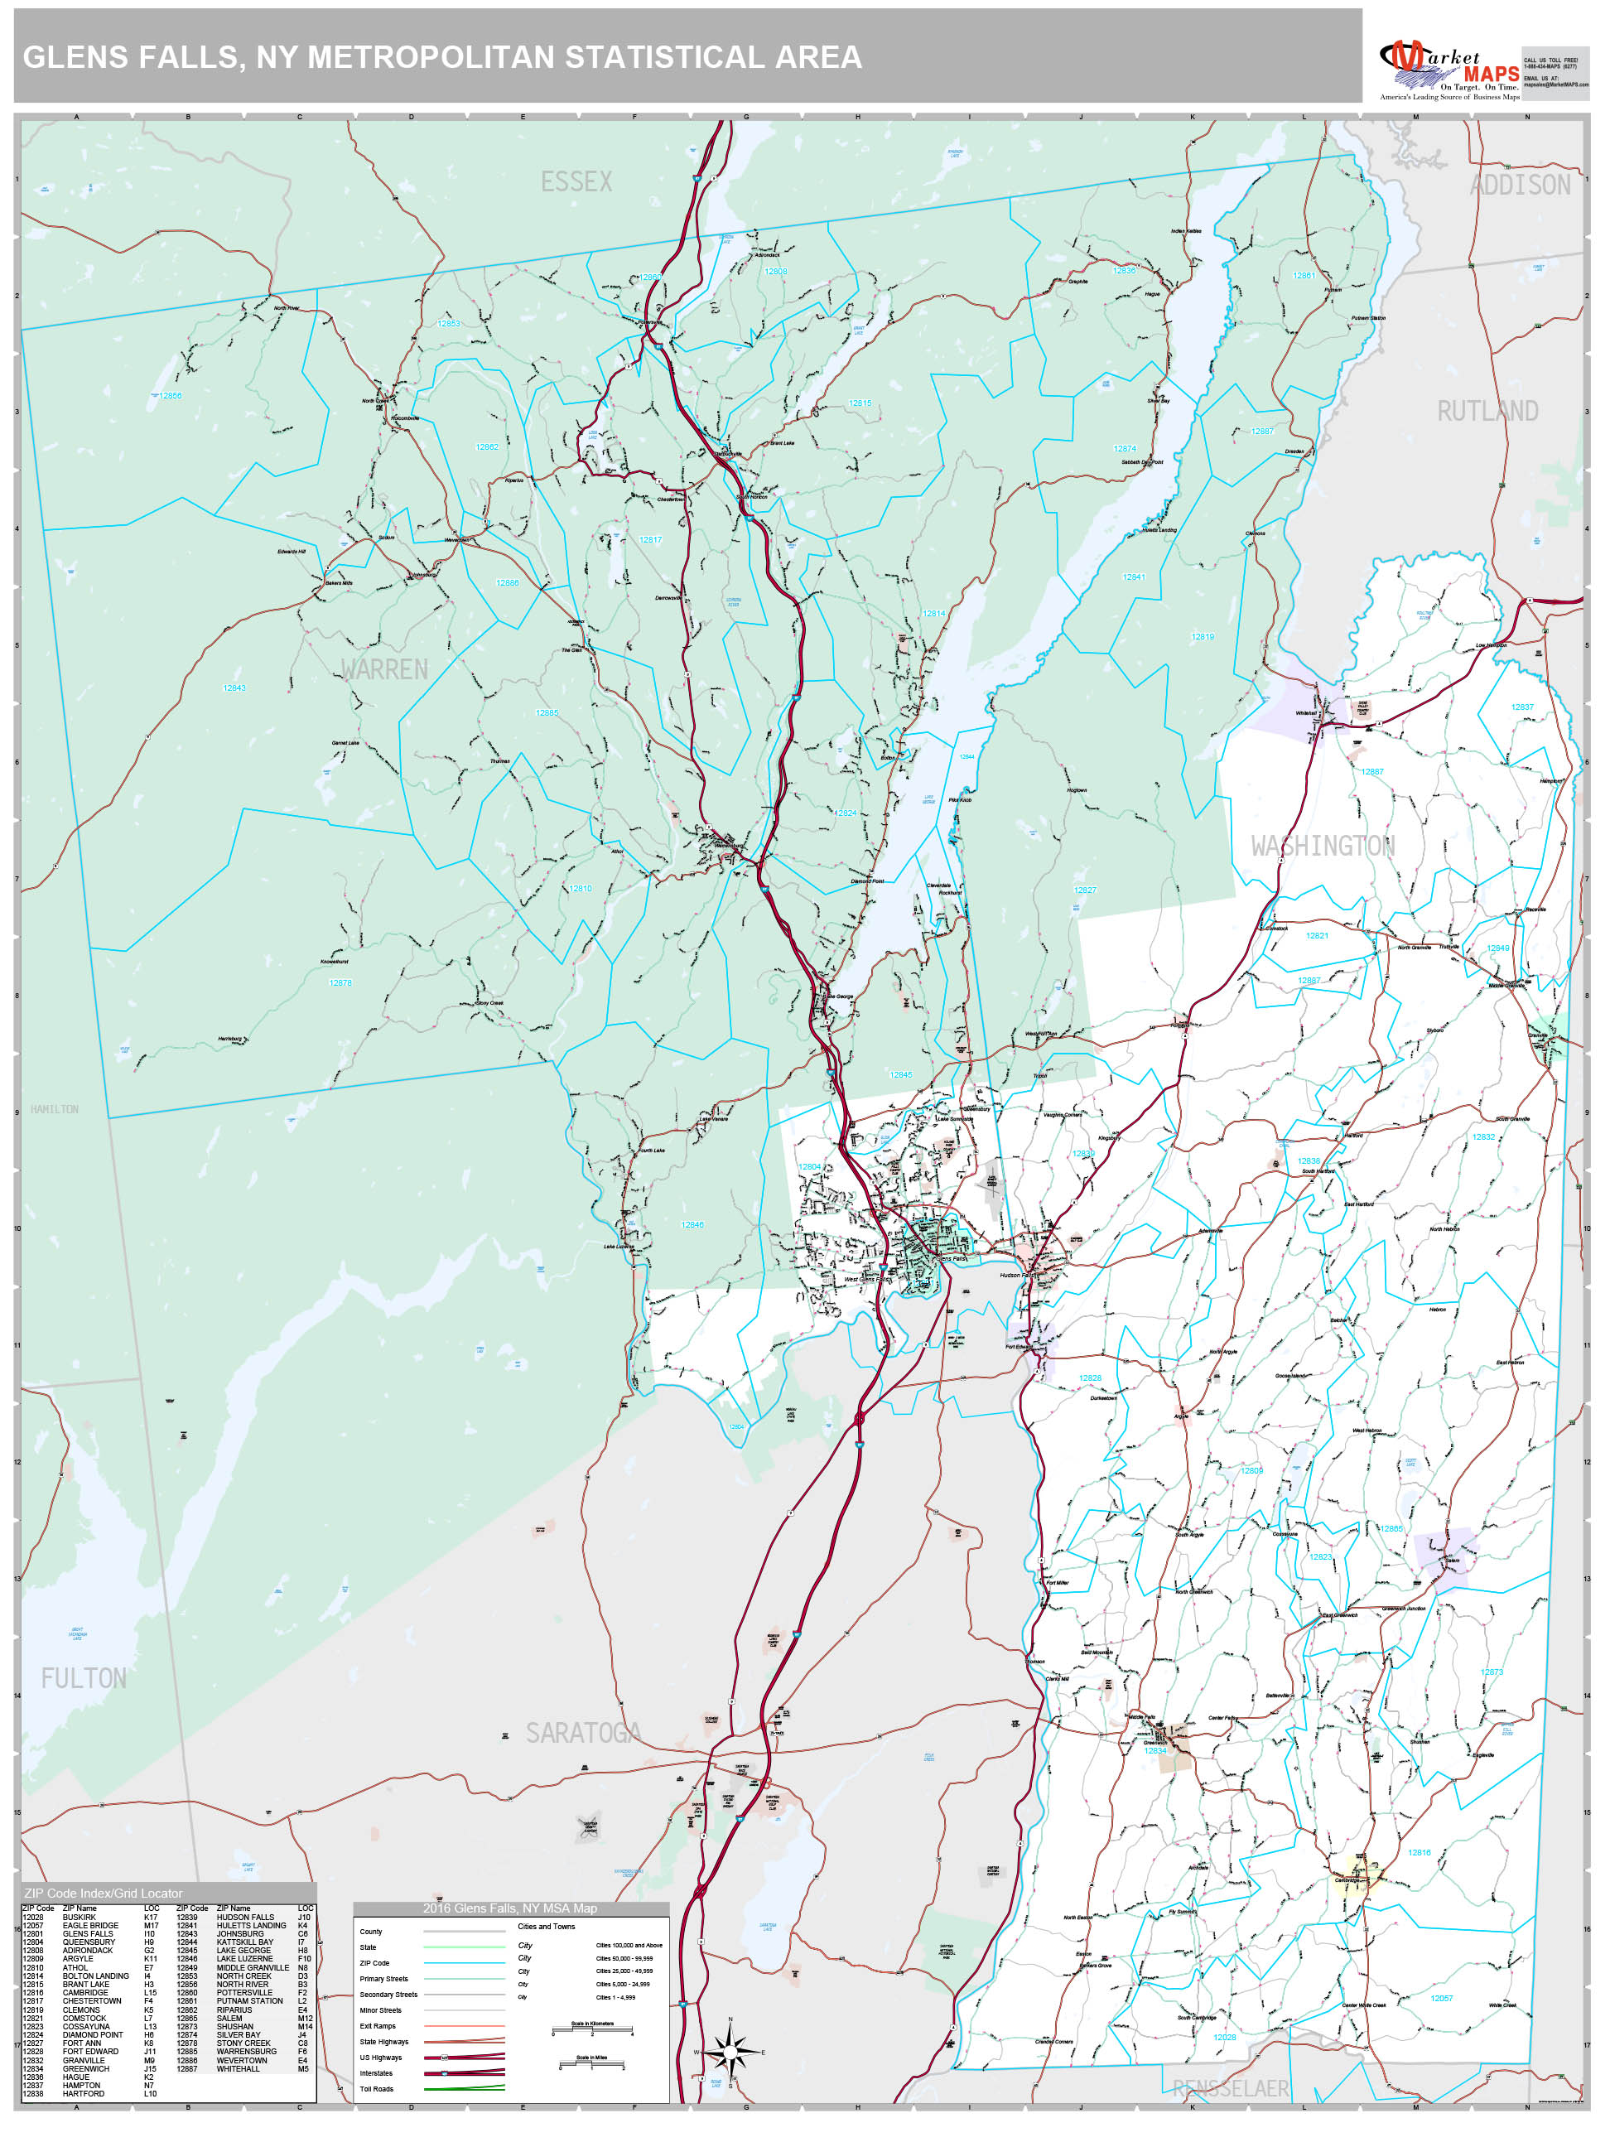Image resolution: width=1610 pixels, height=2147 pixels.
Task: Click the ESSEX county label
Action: tap(576, 181)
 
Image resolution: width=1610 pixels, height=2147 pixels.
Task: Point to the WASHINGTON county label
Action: tap(1322, 847)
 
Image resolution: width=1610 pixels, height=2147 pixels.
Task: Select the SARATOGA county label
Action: tap(583, 1734)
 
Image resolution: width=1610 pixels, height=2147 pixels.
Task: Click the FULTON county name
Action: tap(84, 1679)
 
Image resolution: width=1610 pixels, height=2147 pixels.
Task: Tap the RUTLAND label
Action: tap(1487, 412)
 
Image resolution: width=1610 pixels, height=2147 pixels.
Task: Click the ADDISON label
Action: tap(1520, 186)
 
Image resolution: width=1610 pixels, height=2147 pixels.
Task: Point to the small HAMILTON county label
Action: tap(55, 1109)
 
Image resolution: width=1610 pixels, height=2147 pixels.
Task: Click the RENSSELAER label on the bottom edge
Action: tap(1231, 2089)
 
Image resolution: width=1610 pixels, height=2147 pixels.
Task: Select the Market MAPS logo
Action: tap(1449, 69)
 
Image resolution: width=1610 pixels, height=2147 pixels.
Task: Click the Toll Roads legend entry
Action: tap(377, 2089)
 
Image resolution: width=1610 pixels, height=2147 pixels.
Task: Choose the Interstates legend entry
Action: tap(377, 2073)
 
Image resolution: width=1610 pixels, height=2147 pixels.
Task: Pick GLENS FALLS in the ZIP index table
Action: tap(87, 1933)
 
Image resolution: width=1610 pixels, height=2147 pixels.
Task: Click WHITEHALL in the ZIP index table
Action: tap(238, 2068)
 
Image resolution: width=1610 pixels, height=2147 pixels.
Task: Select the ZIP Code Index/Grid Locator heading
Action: tap(103, 1893)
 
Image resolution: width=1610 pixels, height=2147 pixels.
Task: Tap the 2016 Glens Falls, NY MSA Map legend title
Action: tap(509, 1908)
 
